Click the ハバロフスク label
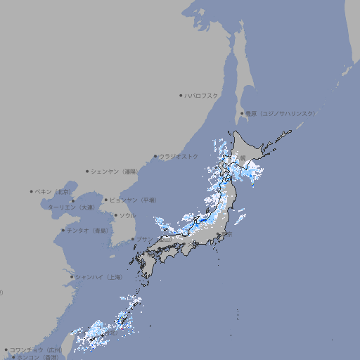pyautogui.click(x=201, y=95)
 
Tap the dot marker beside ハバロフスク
pyautogui.click(x=181, y=95)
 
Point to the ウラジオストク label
pyautogui.click(x=179, y=156)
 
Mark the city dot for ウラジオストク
pyautogui.click(x=155, y=157)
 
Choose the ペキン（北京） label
pyautogui.click(x=54, y=191)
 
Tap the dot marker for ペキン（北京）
pyautogui.click(x=32, y=191)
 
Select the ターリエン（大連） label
pyautogui.click(x=70, y=207)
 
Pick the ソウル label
pyautogui.click(x=127, y=215)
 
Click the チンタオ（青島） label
pyautogui.click(x=87, y=230)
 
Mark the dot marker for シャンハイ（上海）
pyautogui.click(x=72, y=277)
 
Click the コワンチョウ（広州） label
pyautogui.click(x=35, y=349)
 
